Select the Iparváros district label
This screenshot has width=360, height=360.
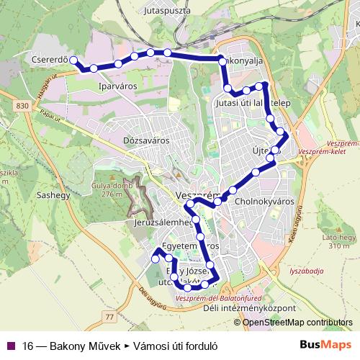coord(117,86)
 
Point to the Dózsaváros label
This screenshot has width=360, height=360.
coord(146,140)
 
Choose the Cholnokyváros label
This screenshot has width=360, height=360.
coord(265,202)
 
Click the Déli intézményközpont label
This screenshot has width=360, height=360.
coord(249,308)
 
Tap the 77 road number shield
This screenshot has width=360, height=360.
coord(109,316)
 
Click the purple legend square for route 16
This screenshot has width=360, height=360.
coord(10,344)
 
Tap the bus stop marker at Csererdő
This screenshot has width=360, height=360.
coord(74,60)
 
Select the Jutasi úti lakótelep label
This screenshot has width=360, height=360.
coord(253,103)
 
